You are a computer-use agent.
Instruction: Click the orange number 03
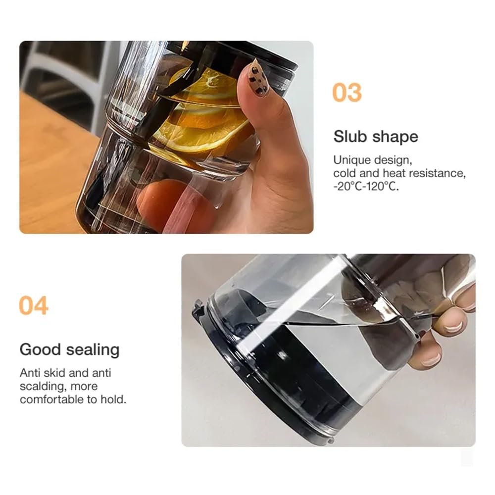click(x=347, y=93)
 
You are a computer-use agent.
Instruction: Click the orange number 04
click(x=34, y=305)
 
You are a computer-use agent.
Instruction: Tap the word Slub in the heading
click(x=349, y=137)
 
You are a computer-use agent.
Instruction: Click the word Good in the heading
click(x=41, y=349)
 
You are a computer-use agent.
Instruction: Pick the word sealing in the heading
click(x=93, y=350)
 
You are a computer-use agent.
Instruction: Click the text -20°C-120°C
click(x=366, y=186)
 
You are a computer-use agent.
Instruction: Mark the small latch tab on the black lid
click(x=198, y=309)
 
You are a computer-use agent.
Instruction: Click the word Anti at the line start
click(x=30, y=373)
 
